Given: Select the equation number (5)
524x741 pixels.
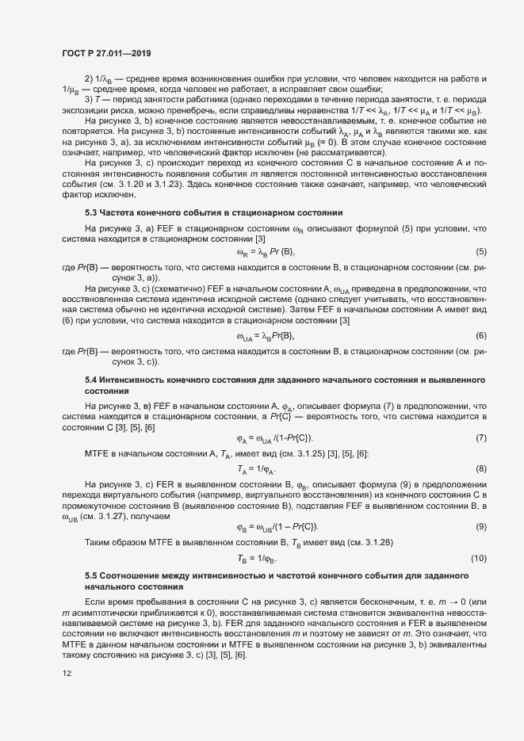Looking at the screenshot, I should (480, 252).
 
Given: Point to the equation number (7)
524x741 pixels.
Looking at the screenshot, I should (480, 438).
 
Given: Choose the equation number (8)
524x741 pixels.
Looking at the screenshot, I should (480, 469).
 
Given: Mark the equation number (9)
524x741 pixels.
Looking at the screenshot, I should (480, 526).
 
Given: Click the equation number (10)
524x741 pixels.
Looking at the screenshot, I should (479, 558).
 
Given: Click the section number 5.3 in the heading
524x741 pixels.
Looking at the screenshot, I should (91, 212).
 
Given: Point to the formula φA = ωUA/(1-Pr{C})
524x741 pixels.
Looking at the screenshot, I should (274, 438).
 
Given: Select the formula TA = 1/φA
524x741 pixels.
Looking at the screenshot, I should (254, 469).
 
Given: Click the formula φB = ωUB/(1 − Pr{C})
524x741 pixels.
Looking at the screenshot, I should (277, 526).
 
